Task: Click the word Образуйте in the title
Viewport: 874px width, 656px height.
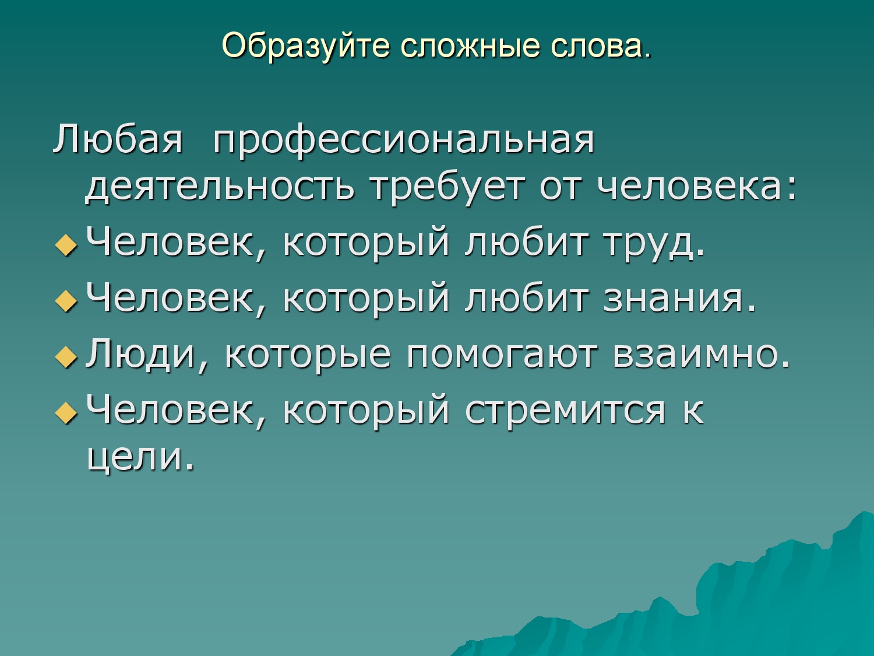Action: (x=306, y=46)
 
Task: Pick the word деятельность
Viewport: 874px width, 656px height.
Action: (x=220, y=187)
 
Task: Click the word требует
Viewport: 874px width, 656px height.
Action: (x=447, y=188)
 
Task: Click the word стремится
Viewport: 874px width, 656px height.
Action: (x=565, y=411)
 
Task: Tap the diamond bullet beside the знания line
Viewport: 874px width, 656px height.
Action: (x=66, y=301)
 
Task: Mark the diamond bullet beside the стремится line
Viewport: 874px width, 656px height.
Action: (x=66, y=413)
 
